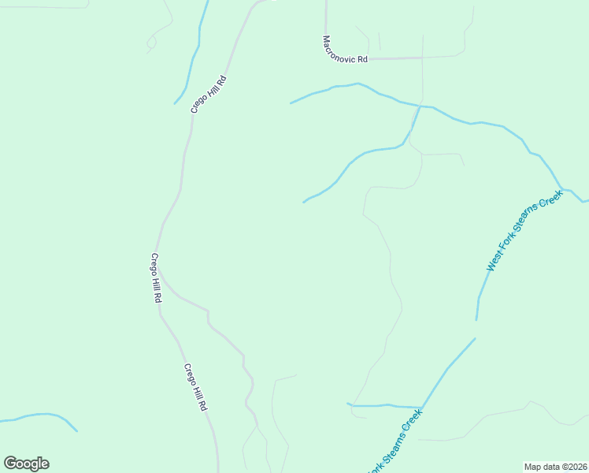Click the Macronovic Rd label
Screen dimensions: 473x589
click(345, 50)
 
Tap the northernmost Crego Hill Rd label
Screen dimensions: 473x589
click(209, 94)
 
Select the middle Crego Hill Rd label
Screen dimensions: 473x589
click(156, 279)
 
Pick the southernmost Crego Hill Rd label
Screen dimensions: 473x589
click(195, 387)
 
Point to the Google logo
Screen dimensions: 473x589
click(26, 464)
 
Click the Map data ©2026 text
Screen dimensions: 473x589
click(556, 467)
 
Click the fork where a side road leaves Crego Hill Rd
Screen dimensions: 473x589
click(162, 283)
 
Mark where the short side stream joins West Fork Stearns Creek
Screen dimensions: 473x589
click(422, 408)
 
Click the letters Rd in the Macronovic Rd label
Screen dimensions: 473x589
click(362, 58)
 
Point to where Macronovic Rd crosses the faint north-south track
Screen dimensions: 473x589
click(422, 58)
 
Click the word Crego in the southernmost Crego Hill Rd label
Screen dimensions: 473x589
click(190, 374)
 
